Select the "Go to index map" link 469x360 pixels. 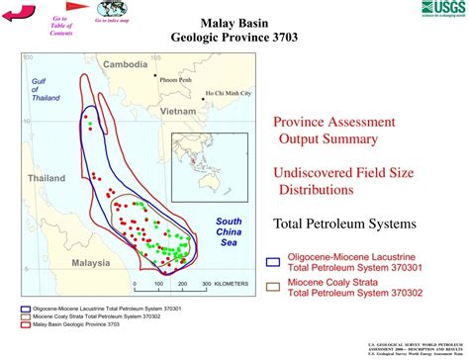pyautogui.click(x=112, y=20)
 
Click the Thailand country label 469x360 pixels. pyautogui.click(x=46, y=178)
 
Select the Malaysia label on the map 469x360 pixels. pyautogui.click(x=90, y=263)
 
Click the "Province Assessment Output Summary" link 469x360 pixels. pyautogui.click(x=334, y=130)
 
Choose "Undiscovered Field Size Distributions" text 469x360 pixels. pyautogui.click(x=335, y=179)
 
